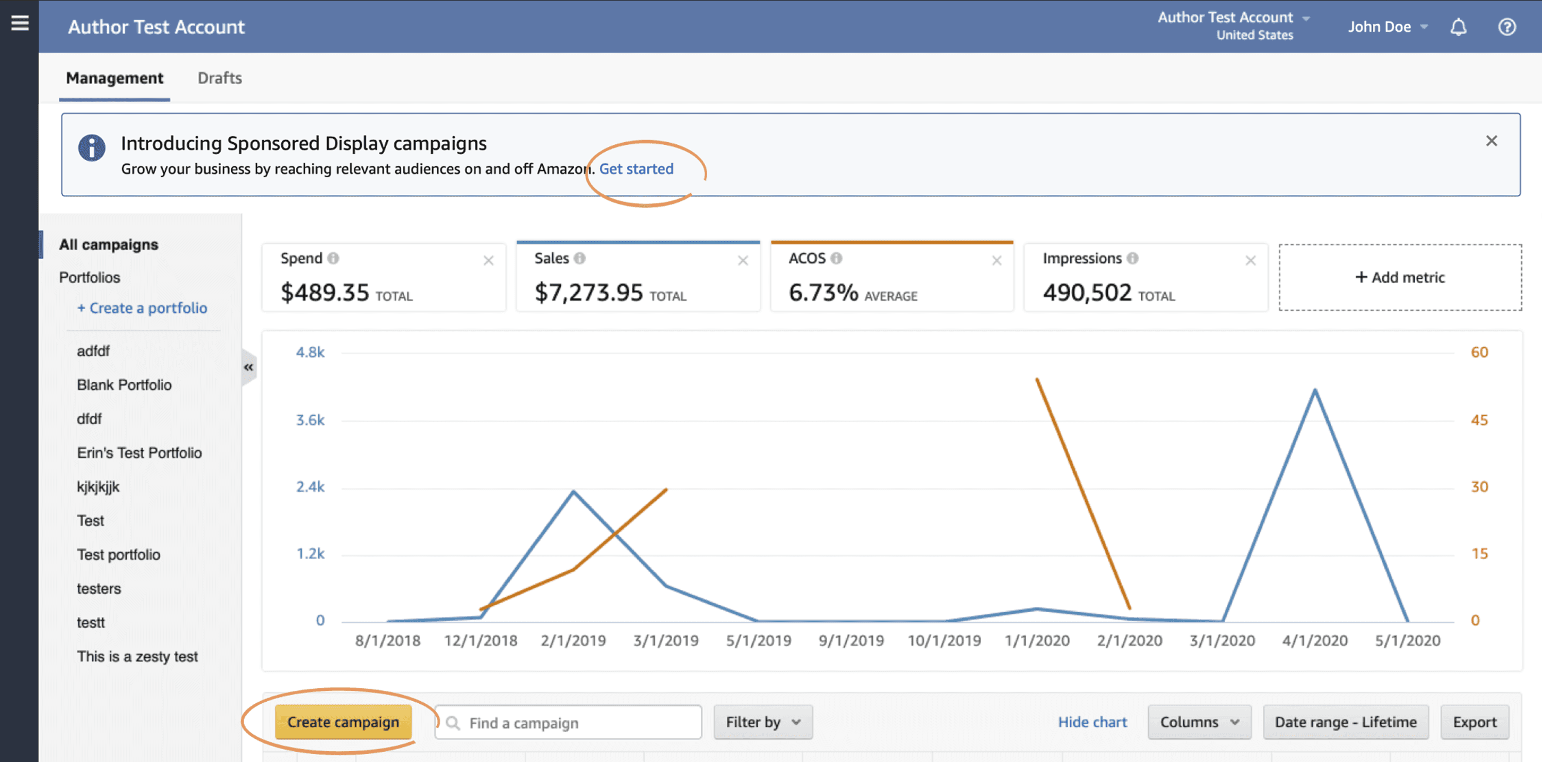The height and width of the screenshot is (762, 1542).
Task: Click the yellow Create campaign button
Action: click(x=343, y=722)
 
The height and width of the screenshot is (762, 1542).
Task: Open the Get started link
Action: click(x=636, y=169)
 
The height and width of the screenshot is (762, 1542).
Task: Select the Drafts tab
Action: click(x=220, y=78)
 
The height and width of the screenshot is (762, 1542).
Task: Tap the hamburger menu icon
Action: click(x=20, y=23)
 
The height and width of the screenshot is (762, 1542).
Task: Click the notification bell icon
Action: click(x=1458, y=27)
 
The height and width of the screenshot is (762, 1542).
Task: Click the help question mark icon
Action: click(x=1506, y=27)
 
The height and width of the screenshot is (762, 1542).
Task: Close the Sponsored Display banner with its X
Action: click(x=1491, y=141)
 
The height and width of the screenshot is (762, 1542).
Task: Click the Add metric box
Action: click(x=1400, y=277)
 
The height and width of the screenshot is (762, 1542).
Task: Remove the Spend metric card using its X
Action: click(x=488, y=260)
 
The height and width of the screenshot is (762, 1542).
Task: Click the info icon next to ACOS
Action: click(x=836, y=258)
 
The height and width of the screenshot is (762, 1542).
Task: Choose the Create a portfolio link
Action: click(x=143, y=308)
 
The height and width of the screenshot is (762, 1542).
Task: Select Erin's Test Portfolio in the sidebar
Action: click(x=140, y=452)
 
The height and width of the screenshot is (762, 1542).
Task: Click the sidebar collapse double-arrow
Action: click(x=248, y=367)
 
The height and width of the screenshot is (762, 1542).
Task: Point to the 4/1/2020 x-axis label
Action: click(x=1314, y=640)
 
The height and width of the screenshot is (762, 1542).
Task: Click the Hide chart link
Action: click(x=1092, y=722)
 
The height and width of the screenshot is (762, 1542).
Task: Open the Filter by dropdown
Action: click(x=763, y=722)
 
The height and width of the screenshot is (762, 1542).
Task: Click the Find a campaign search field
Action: click(x=568, y=722)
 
